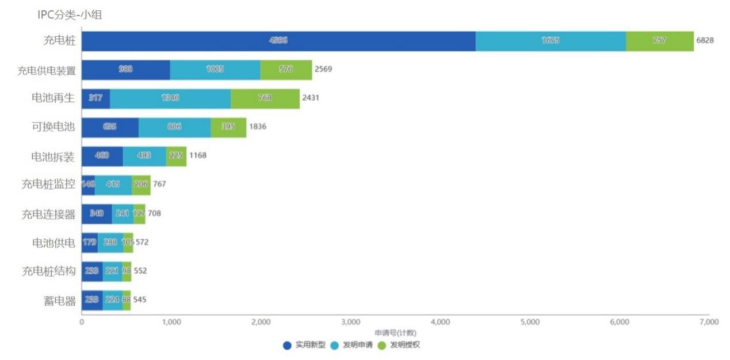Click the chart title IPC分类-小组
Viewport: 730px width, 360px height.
[x=70, y=15]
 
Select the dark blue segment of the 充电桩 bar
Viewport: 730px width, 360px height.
[x=278, y=41]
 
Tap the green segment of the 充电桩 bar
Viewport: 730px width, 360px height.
[x=659, y=41]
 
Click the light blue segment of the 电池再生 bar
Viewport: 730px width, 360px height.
[x=170, y=98]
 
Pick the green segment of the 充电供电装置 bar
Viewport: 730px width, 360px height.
[x=286, y=70]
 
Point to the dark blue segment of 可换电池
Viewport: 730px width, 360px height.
[x=110, y=127]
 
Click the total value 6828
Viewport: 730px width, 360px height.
[x=705, y=41]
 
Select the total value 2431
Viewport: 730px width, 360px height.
[x=310, y=98]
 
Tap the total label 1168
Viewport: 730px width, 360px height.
[x=197, y=156]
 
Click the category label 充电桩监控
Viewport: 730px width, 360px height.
[x=48, y=185]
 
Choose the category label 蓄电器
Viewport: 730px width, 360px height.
[x=60, y=301]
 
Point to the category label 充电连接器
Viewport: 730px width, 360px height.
[x=48, y=214]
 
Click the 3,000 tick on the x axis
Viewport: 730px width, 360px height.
[x=350, y=323]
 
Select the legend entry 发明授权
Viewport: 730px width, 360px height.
[x=404, y=345]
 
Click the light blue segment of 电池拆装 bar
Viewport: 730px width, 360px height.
[x=144, y=156]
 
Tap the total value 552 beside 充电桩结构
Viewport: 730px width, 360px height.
[x=140, y=271]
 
